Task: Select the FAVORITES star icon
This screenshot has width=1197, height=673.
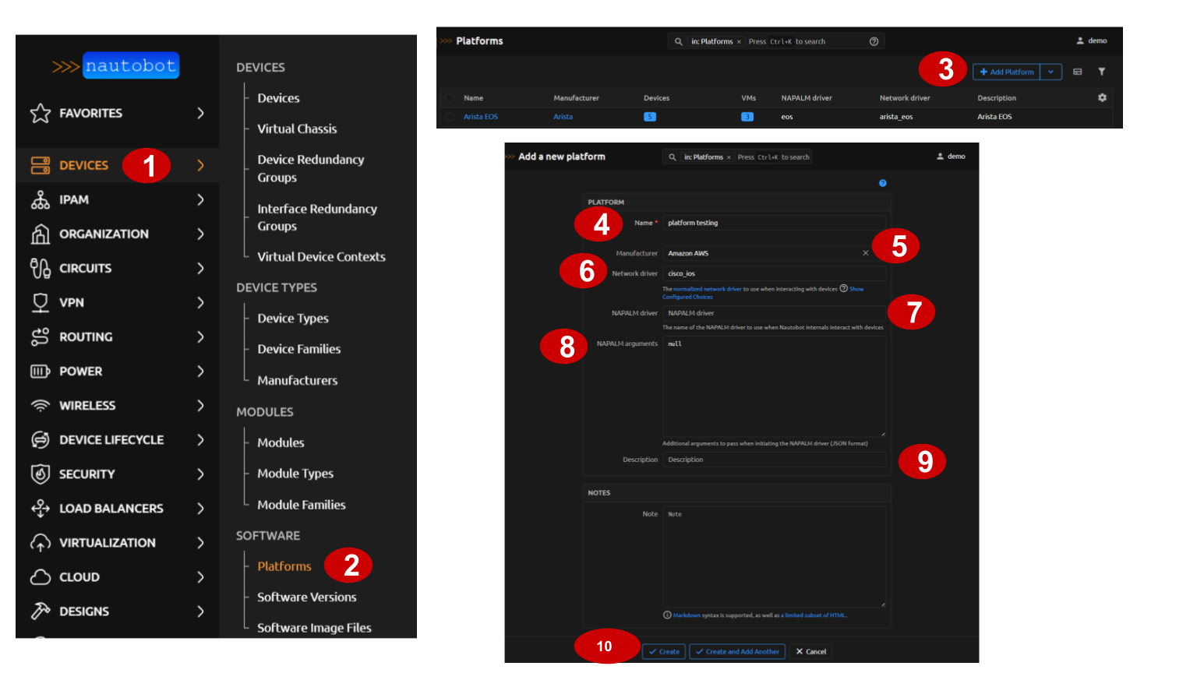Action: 41,114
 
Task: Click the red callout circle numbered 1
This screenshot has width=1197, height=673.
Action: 147,165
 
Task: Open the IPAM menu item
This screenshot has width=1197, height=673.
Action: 74,200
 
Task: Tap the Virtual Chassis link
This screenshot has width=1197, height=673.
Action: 297,129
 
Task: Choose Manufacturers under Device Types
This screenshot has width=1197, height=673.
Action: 297,381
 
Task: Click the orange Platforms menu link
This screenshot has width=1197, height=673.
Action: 284,567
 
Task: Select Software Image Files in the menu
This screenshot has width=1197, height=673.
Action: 314,628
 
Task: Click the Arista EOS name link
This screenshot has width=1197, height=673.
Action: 480,117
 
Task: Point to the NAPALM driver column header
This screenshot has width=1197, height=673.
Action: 807,98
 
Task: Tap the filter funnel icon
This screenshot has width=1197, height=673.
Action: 1101,72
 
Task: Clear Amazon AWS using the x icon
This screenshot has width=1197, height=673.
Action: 865,253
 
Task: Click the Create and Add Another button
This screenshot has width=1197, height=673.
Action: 737,652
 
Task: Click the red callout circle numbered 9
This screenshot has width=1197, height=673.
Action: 922,461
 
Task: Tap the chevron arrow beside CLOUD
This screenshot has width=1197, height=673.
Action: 200,577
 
